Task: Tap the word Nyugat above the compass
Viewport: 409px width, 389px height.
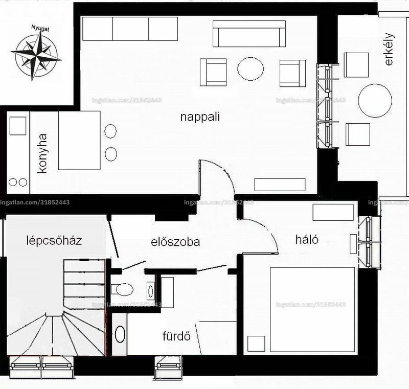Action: (40, 28)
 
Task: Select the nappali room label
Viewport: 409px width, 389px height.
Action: (200, 117)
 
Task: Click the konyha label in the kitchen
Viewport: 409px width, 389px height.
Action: (42, 153)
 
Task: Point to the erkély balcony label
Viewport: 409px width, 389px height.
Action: (389, 49)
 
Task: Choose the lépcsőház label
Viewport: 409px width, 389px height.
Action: (54, 240)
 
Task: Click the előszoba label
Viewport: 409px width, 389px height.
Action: (175, 242)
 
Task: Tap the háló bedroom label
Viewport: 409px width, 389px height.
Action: (307, 239)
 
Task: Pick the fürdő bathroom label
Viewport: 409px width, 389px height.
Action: (176, 336)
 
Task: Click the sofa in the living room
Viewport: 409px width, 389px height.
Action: (249, 34)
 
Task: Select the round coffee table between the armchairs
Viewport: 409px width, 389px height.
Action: (251, 69)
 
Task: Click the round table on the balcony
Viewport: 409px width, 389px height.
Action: (375, 101)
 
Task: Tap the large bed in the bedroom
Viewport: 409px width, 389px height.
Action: (312, 309)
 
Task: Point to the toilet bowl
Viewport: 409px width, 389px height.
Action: (124, 289)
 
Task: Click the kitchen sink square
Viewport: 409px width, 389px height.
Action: (18, 126)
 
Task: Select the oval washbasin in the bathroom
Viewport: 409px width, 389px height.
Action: (120, 334)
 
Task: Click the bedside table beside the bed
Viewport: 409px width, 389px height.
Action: (256, 344)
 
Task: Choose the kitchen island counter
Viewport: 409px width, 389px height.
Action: (79, 141)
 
